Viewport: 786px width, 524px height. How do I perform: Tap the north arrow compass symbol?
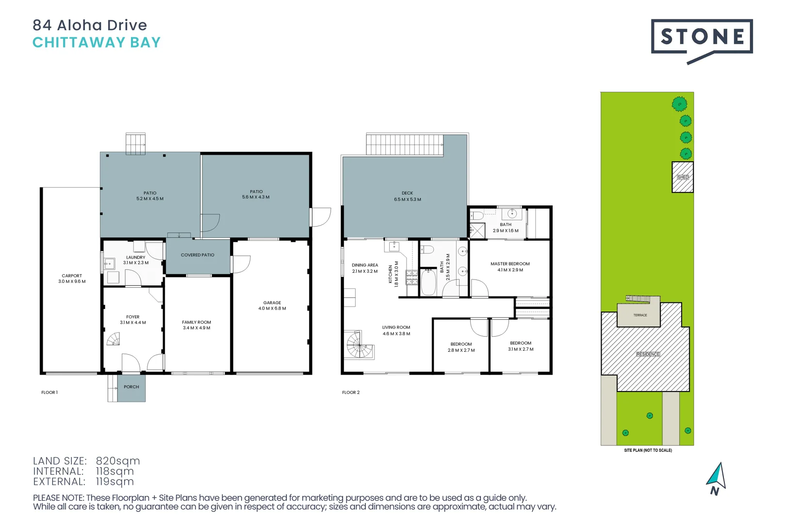tap(717, 478)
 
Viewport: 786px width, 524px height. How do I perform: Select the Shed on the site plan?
tap(682, 177)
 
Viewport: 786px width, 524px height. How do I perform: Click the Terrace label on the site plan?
tap(640, 315)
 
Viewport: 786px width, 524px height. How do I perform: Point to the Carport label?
tap(72, 276)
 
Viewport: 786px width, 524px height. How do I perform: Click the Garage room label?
tap(272, 303)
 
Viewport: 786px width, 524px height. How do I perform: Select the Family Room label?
tap(196, 322)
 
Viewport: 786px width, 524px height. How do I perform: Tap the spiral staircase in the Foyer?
tap(114, 339)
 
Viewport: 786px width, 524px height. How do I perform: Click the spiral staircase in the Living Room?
tap(360, 344)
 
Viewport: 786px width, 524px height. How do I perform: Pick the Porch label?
tap(131, 387)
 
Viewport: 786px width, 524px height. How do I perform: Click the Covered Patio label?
tap(197, 255)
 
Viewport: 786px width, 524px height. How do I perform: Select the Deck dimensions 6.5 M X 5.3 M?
tap(408, 199)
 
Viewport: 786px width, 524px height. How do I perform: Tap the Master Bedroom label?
tap(510, 264)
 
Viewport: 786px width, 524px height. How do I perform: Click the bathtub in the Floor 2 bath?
tap(428, 282)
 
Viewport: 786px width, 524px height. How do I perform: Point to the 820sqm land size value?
tap(118, 461)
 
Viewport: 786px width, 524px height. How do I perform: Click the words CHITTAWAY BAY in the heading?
tap(97, 43)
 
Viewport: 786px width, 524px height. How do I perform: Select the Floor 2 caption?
tap(351, 393)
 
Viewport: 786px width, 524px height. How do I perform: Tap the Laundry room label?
tap(136, 258)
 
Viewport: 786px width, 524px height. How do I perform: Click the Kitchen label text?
tap(391, 274)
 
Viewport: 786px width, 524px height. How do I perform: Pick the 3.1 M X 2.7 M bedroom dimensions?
tap(521, 349)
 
